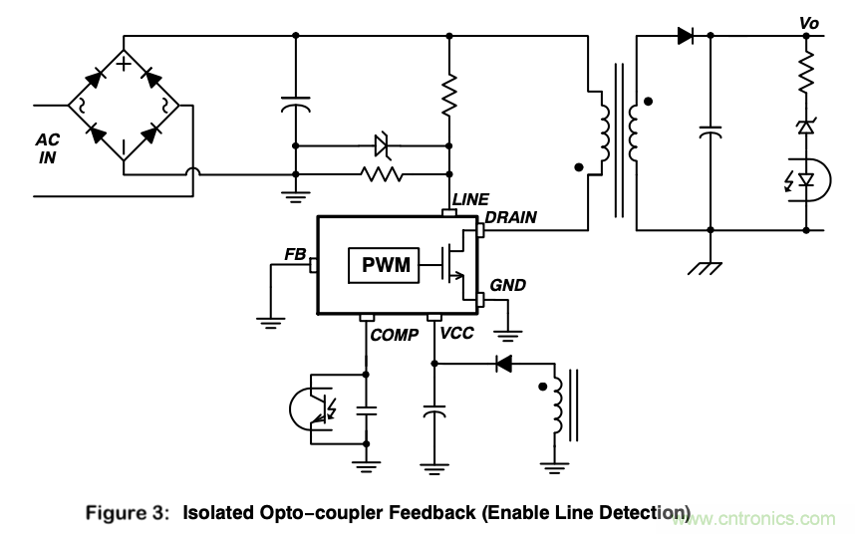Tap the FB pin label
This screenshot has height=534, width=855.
[295, 254]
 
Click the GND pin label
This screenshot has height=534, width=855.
[507, 285]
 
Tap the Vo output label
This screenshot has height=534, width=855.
[808, 21]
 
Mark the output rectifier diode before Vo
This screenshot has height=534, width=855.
[686, 37]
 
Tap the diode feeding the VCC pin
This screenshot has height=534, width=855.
[503, 365]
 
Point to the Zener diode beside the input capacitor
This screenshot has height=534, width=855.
[381, 144]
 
